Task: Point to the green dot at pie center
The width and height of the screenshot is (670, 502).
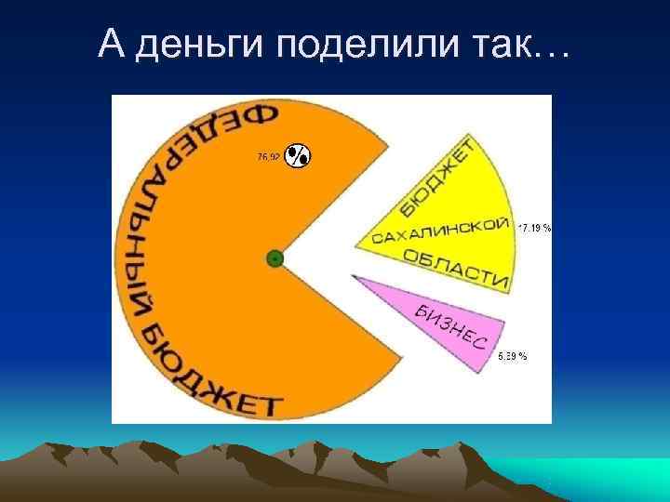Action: pyautogui.click(x=275, y=258)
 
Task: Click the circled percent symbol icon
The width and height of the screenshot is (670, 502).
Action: pyautogui.click(x=297, y=157)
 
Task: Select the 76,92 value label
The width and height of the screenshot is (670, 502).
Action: pyautogui.click(x=267, y=156)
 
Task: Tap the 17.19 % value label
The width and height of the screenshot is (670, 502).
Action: pyautogui.click(x=535, y=227)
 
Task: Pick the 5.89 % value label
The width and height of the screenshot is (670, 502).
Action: pyautogui.click(x=513, y=356)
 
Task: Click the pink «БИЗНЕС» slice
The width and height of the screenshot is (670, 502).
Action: pyautogui.click(x=437, y=316)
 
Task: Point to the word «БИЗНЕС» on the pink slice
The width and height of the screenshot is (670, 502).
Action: pyautogui.click(x=450, y=326)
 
